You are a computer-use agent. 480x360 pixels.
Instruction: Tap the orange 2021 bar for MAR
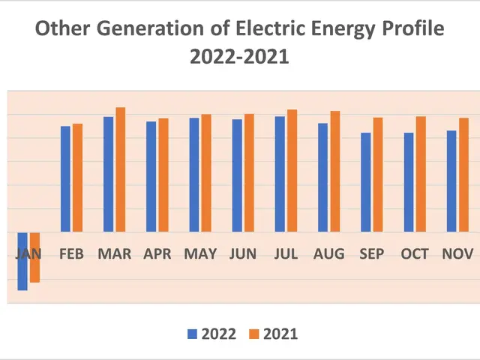(x=121, y=169)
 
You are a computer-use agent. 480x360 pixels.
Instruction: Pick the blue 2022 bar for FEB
(x=65, y=179)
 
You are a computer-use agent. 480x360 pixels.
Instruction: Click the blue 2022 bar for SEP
(x=365, y=182)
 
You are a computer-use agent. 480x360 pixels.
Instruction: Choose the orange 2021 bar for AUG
(x=335, y=172)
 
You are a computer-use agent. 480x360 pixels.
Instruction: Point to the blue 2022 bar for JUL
(x=280, y=174)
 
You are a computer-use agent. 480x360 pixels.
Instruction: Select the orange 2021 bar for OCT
(x=421, y=174)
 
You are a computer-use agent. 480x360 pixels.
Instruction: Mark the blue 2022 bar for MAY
(x=193, y=175)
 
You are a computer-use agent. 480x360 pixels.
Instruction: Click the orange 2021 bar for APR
(x=163, y=175)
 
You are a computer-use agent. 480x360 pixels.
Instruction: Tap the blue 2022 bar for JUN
(x=237, y=175)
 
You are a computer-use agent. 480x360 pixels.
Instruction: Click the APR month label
(x=157, y=254)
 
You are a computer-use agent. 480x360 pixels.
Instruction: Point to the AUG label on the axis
(x=329, y=254)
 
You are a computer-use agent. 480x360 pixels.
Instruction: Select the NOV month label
(x=457, y=254)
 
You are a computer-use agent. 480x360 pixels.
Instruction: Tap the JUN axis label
(x=243, y=254)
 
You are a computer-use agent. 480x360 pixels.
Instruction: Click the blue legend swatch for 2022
(x=192, y=334)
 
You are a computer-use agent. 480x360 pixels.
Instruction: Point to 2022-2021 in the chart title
(x=240, y=57)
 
